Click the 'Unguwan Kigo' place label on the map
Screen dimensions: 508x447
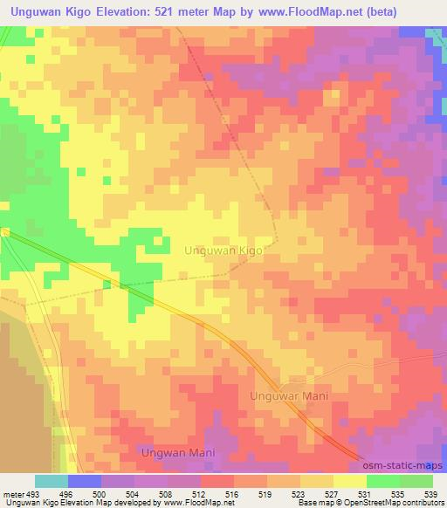223,250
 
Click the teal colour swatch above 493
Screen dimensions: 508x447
52,481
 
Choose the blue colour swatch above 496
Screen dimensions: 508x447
84,481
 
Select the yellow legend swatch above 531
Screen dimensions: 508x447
349,481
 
